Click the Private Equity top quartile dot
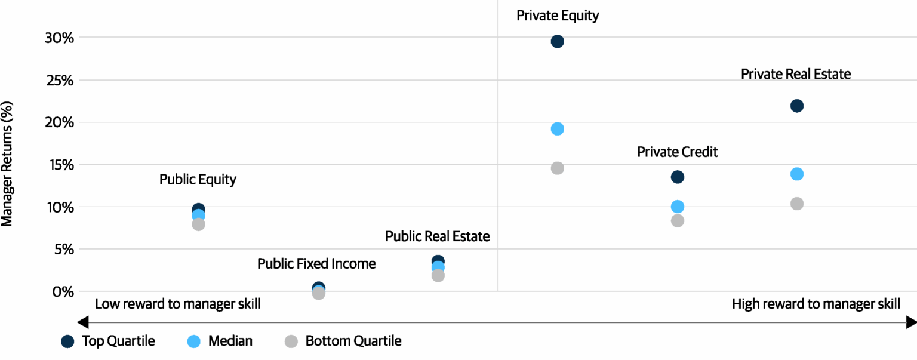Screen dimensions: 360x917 (557, 41)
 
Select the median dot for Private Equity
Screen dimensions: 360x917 (557, 129)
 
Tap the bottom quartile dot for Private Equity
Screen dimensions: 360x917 (557, 168)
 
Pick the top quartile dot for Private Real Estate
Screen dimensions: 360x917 (796, 106)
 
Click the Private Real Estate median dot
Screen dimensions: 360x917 (796, 174)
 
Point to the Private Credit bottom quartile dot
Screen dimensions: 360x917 (677, 221)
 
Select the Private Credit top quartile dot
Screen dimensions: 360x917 (677, 177)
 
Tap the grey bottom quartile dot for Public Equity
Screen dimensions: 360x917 (198, 225)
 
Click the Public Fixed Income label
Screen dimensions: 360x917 (316, 264)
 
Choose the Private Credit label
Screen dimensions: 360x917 (677, 152)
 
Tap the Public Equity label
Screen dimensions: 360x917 (198, 180)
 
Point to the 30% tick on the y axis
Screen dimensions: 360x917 (59, 38)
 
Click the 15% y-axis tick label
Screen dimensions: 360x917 (59, 165)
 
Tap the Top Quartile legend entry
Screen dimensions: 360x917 (108, 341)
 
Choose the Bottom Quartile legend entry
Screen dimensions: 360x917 (343, 341)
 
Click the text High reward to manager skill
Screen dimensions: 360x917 (816, 304)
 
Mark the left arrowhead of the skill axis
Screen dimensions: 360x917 (84, 323)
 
